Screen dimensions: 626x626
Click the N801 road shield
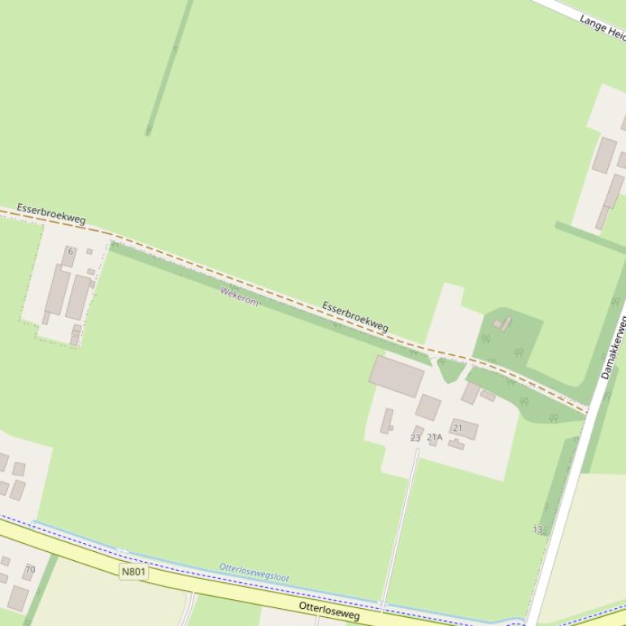click(x=134, y=572)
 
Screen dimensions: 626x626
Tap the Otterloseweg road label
click(x=329, y=611)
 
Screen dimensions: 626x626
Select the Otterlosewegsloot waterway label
click(x=254, y=572)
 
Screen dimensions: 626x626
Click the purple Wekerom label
click(x=239, y=296)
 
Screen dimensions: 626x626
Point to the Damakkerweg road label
click(x=614, y=348)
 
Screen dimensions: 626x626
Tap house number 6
click(x=71, y=252)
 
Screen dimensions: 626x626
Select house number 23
click(x=415, y=437)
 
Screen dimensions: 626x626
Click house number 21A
click(x=435, y=437)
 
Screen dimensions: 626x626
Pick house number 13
click(x=537, y=529)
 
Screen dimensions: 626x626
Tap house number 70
click(x=30, y=569)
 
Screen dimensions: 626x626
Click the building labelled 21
click(x=464, y=428)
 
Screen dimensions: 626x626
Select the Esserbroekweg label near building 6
click(x=51, y=214)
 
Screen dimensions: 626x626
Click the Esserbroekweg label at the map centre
click(x=355, y=316)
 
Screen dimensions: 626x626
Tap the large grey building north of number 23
click(x=397, y=376)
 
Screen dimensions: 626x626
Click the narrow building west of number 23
click(x=387, y=420)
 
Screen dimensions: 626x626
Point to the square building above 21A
click(x=428, y=406)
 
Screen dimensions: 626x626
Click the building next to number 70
click(x=18, y=598)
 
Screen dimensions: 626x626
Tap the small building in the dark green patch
click(x=503, y=324)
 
